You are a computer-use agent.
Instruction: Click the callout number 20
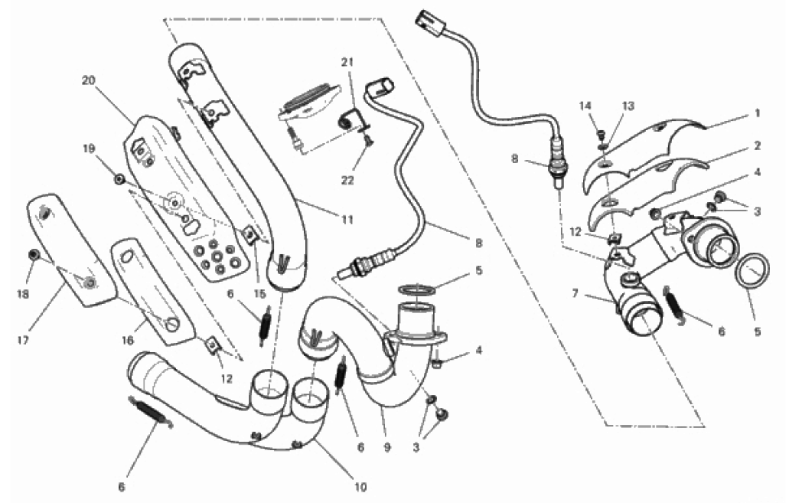tap(88, 80)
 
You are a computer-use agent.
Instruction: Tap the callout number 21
tap(347, 62)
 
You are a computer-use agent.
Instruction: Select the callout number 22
tap(347, 180)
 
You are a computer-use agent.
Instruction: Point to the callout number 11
tap(347, 220)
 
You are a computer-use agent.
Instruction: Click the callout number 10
tap(360, 487)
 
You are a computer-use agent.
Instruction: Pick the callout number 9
tap(387, 447)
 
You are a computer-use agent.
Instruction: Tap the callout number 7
tap(575, 293)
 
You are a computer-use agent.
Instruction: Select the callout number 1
tap(758, 114)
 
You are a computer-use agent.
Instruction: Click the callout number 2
tap(758, 146)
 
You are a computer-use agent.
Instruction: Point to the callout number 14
tap(585, 106)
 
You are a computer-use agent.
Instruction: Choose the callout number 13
tap(628, 106)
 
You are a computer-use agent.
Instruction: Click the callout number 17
tap(23, 341)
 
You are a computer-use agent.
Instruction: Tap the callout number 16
tap(127, 341)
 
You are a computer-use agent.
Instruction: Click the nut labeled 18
tap(34, 255)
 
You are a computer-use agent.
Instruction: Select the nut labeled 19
tap(119, 179)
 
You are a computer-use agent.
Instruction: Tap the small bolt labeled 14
tap(600, 134)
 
